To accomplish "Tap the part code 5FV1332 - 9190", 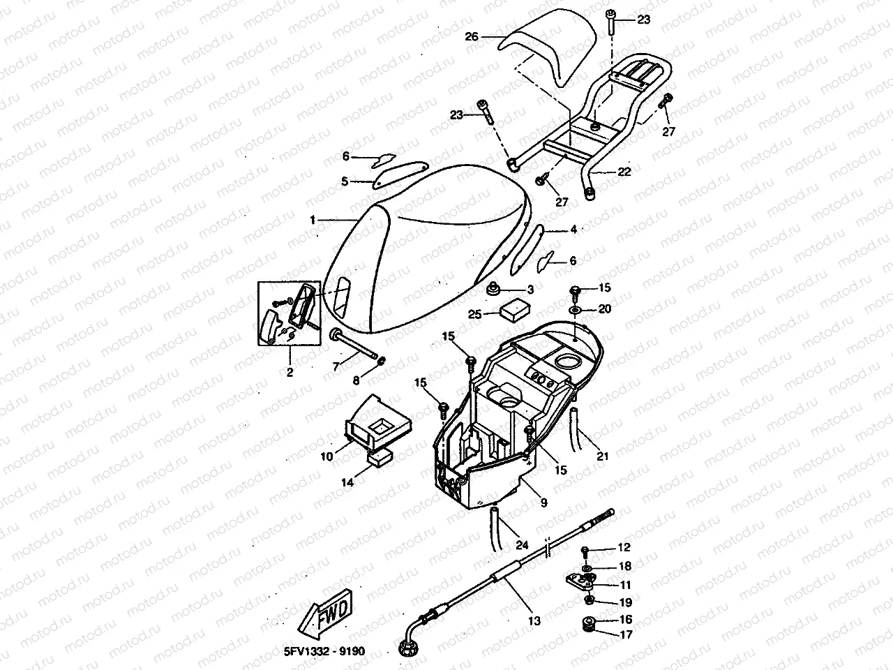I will (x=325, y=651).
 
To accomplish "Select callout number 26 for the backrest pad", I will (x=472, y=36).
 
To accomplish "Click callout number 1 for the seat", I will (x=313, y=220).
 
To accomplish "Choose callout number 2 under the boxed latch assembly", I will (x=289, y=373).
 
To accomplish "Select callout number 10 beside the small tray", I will (x=327, y=457).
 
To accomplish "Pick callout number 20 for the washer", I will (x=604, y=308).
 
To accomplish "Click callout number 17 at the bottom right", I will (x=625, y=634).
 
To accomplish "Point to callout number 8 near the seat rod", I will (x=356, y=381).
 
